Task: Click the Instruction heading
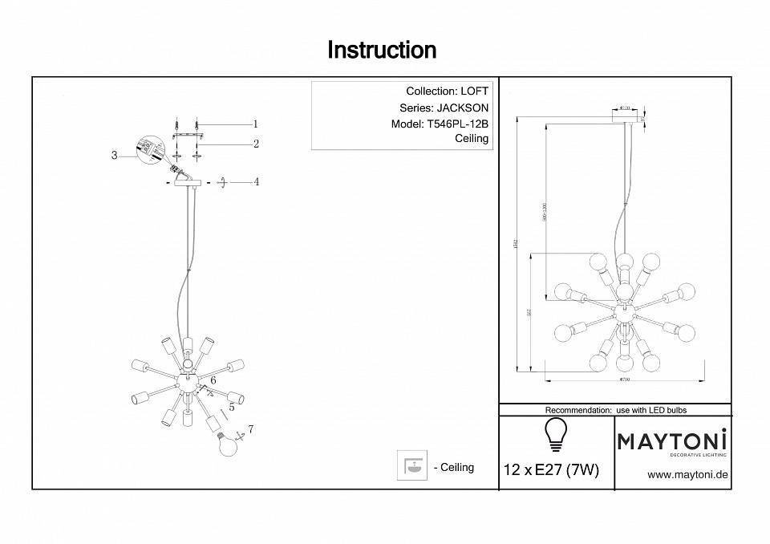point(382,51)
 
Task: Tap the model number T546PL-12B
point(456,124)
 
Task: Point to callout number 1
point(255,124)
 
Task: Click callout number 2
point(255,144)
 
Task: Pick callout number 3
point(115,156)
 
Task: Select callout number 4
point(256,182)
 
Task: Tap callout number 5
point(230,407)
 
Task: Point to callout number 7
point(250,430)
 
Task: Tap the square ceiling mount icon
point(413,466)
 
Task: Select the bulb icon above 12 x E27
point(555,434)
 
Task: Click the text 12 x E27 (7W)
point(551,470)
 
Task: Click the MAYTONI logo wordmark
point(671,440)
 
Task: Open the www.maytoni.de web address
point(687,475)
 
